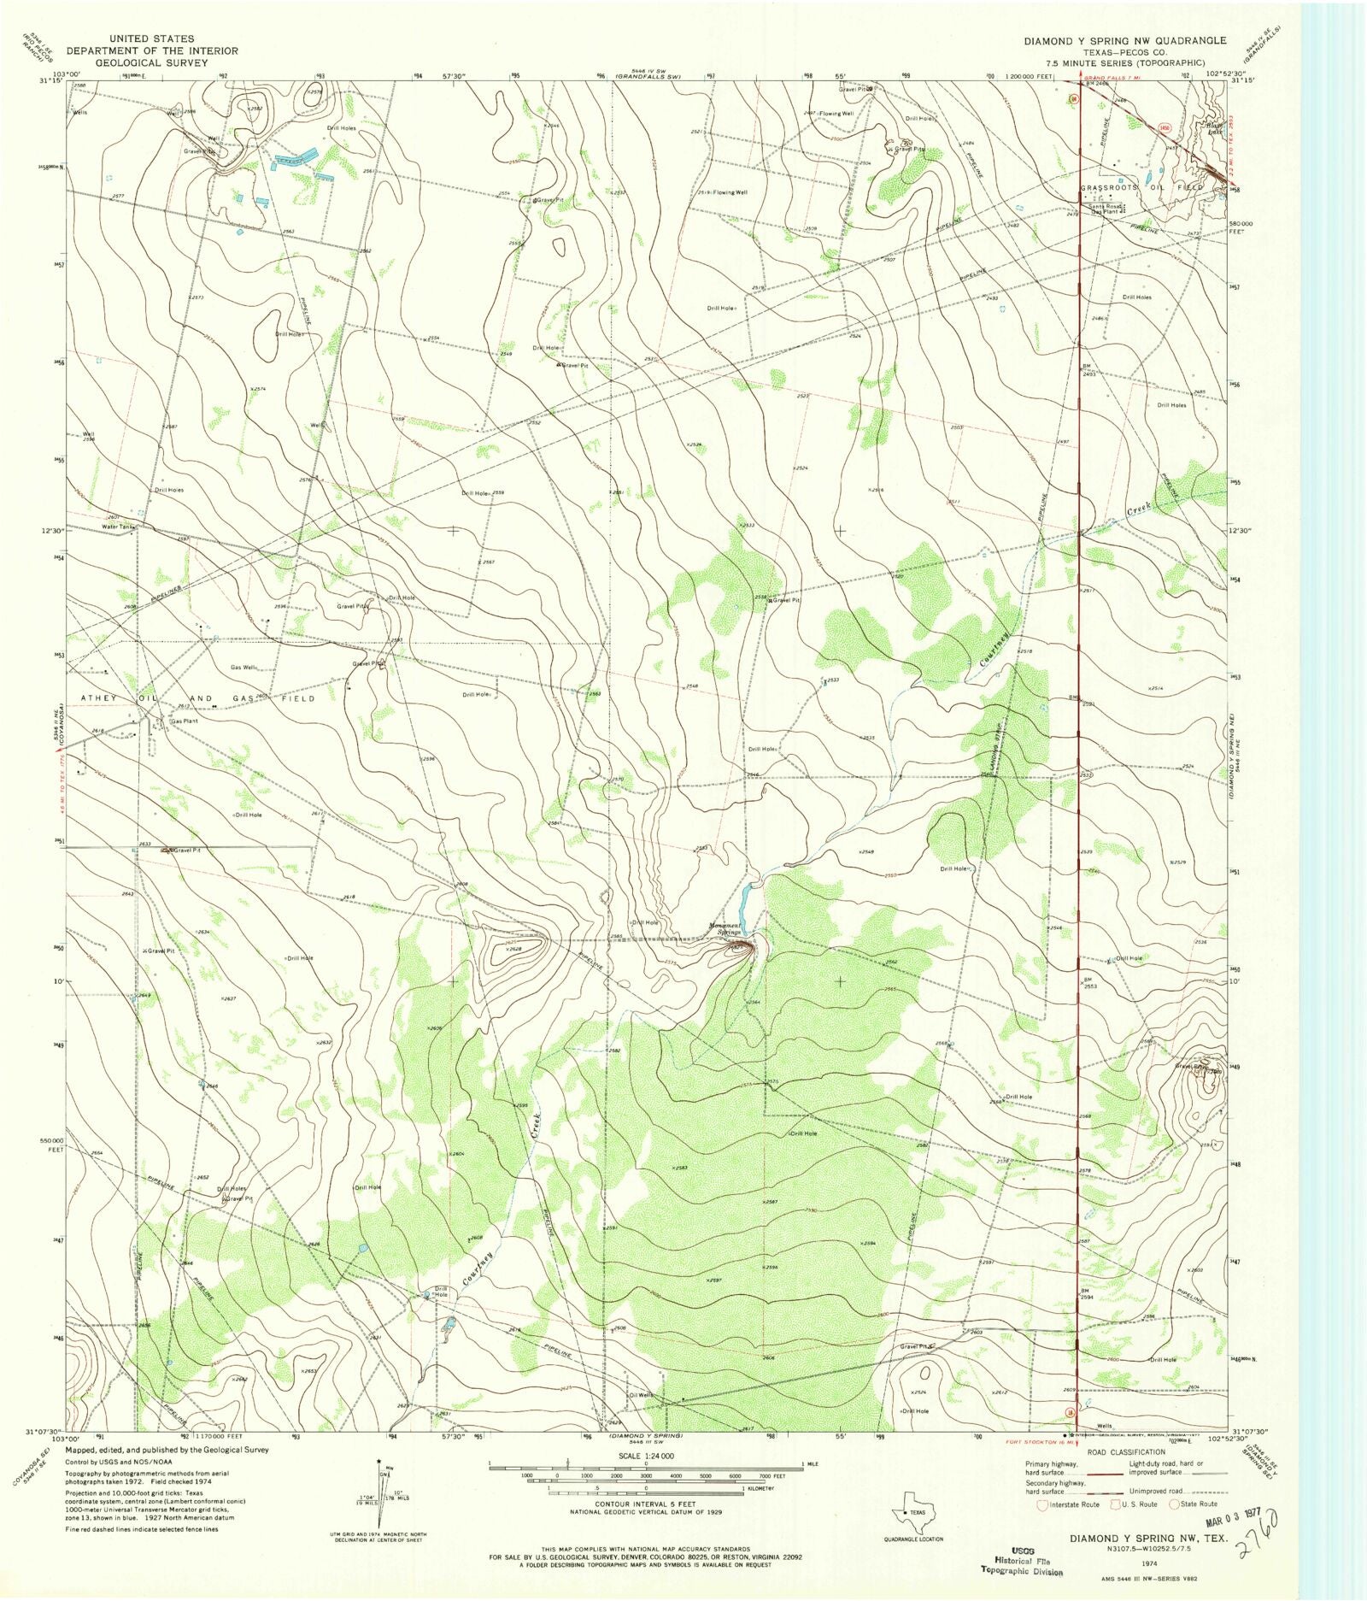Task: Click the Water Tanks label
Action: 119,527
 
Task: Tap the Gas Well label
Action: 242,668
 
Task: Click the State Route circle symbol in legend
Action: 1175,1504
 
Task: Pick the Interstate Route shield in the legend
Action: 1041,1504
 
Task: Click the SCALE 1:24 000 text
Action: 645,1456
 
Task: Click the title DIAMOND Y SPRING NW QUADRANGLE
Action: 1125,40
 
